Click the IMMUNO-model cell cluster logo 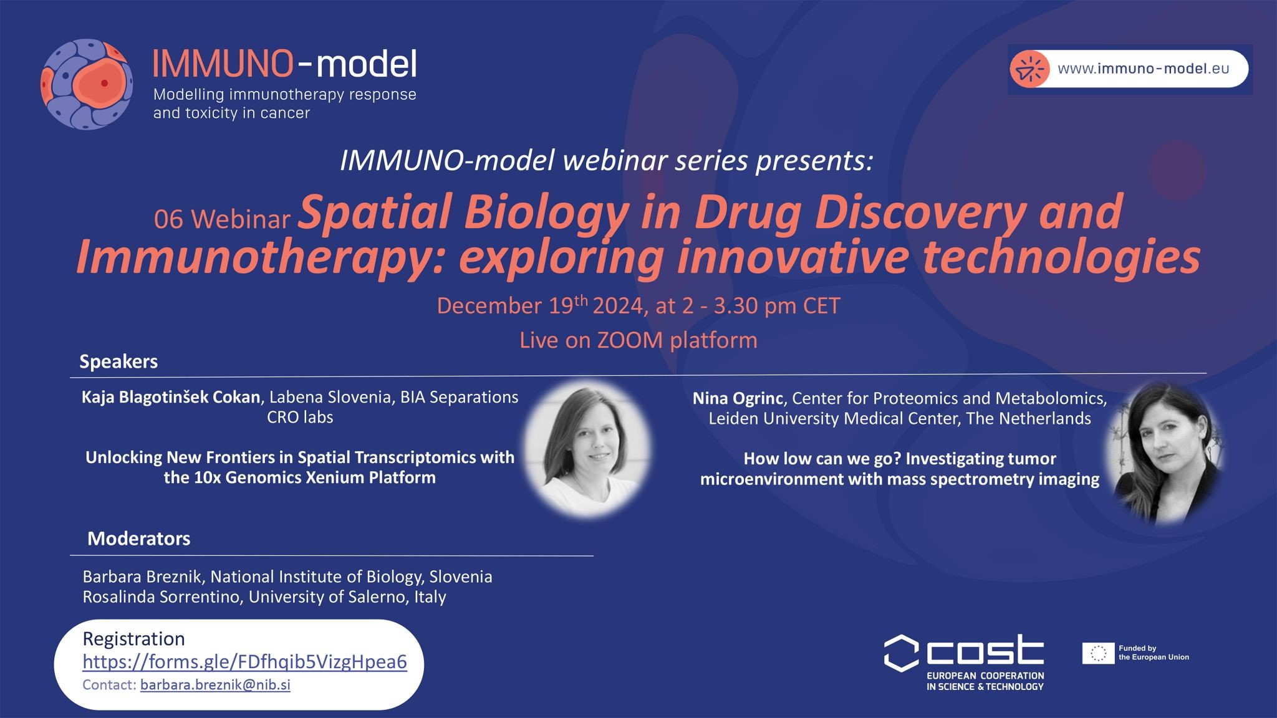87,84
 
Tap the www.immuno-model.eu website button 1129,69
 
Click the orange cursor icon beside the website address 1029,69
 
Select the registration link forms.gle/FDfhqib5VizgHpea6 244,662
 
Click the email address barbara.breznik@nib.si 215,685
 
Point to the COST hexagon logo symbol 901,653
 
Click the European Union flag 1098,653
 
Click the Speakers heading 118,361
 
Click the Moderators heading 138,538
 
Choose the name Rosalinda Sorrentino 162,596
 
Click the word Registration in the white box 133,639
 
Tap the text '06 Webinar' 222,219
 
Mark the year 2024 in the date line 617,306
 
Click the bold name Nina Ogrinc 738,398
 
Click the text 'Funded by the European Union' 1154,653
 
